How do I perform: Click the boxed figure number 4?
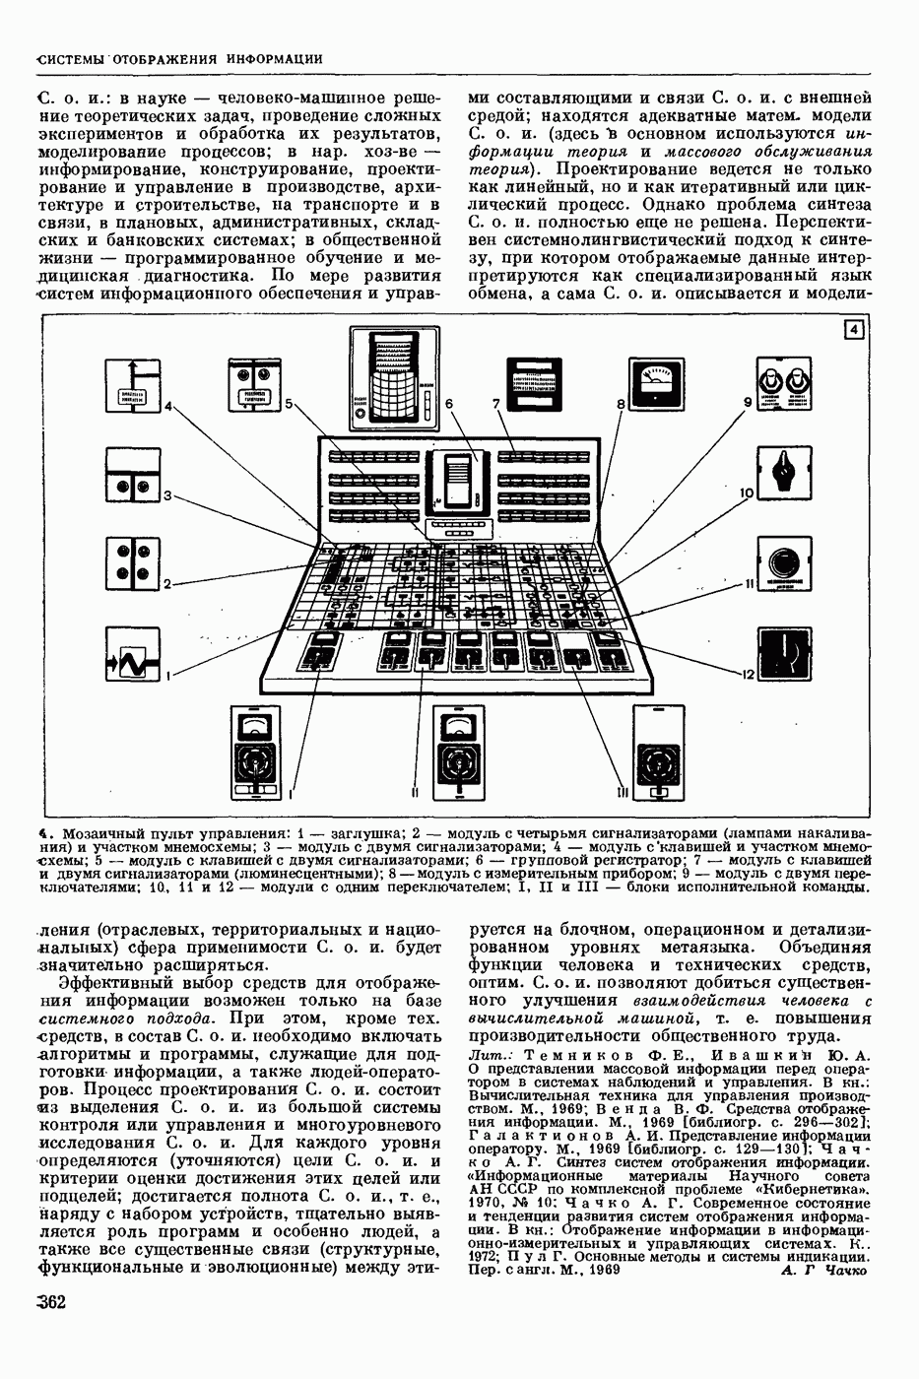point(855,331)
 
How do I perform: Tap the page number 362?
point(48,1303)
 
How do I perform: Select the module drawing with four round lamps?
point(133,562)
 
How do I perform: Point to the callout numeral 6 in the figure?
point(448,404)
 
